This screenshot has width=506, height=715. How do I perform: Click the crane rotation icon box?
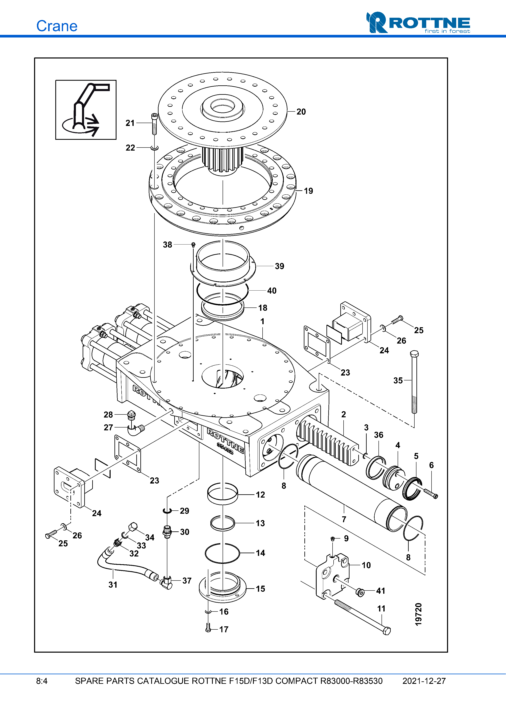[86, 110]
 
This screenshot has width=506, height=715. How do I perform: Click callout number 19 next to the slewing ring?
[308, 191]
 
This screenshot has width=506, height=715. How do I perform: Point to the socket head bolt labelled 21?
[154, 124]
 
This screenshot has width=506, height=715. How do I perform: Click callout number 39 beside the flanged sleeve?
[279, 266]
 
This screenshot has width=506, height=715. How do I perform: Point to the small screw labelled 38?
[193, 245]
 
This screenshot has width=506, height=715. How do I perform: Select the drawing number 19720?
[418, 614]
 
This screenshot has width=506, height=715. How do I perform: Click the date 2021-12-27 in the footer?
[424, 681]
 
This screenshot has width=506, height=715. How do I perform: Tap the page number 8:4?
[42, 681]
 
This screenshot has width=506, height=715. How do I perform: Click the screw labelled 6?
[431, 493]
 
